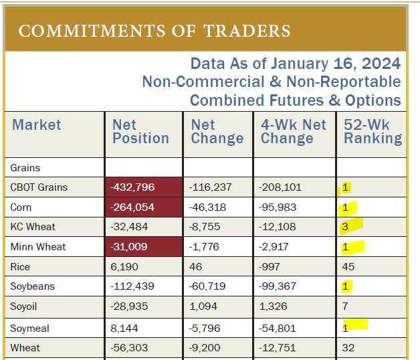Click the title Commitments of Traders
154,31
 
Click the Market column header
36,125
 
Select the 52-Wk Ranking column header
373,132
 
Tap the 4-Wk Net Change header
293,132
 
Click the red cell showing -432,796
132,187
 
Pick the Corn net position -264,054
132,207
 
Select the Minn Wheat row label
38,247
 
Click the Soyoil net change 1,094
205,307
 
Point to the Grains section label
25,168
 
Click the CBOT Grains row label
39,187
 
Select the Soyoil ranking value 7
345,307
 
